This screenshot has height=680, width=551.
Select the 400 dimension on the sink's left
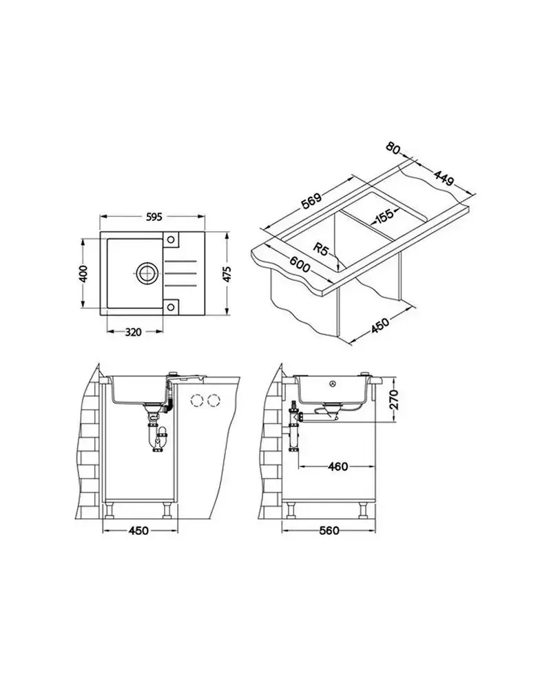84,273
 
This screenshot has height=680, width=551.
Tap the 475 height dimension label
227,274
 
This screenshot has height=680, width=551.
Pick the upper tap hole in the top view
171,240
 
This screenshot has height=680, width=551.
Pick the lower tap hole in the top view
171,307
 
